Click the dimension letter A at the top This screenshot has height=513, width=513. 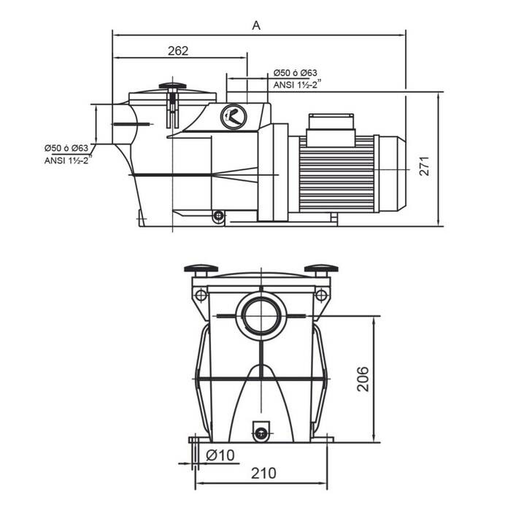tap(256, 25)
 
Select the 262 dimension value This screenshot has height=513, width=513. tap(178, 50)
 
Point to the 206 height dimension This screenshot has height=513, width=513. tap(363, 379)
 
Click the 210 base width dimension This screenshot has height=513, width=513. tap(263, 473)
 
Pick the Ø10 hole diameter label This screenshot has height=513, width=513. tap(220, 455)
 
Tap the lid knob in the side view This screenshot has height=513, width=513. tap(172, 88)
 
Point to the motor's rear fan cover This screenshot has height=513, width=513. tap(393, 175)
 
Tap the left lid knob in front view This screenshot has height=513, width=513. tap(201, 270)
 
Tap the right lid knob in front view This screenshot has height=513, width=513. tap(321, 270)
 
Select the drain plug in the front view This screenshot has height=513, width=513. tap(261, 431)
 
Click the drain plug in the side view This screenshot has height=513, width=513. tap(217, 216)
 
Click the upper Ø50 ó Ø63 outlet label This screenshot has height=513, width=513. tap(296, 73)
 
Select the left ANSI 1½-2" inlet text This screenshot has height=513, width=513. tap(67, 159)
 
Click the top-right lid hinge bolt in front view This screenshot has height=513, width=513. tap(320, 296)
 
